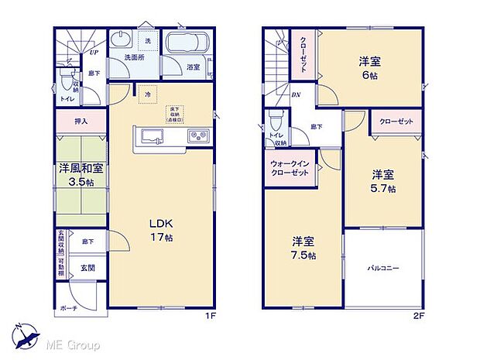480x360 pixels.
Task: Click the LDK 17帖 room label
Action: point(161,231)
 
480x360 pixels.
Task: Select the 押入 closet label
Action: point(81,122)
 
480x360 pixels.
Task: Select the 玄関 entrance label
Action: point(87,267)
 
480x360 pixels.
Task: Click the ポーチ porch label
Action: point(67,307)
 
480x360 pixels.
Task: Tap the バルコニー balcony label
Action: point(383,269)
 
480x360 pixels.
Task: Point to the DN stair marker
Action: point(296,94)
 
